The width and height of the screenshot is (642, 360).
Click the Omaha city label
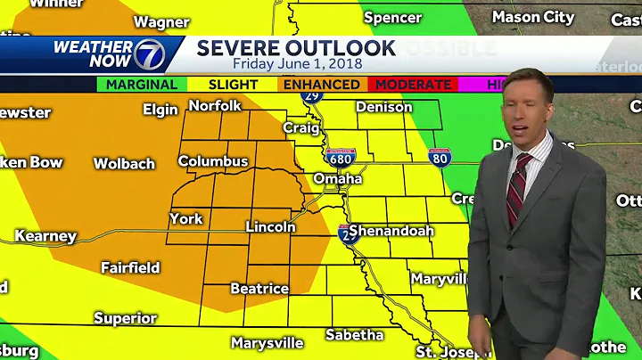click(337, 179)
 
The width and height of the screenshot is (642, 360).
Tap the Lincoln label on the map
click(270, 227)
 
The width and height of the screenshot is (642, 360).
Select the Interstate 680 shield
click(341, 158)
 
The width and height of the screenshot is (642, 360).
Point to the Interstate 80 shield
click(439, 158)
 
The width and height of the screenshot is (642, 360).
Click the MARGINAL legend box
click(142, 85)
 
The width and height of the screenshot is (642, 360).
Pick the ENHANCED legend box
click(322, 85)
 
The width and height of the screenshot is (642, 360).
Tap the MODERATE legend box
click(413, 85)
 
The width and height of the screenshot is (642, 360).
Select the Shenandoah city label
click(391, 231)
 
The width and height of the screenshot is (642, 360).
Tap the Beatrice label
click(259, 289)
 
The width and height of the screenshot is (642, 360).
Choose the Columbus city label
click(213, 161)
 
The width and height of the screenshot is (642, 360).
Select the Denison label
click(384, 107)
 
